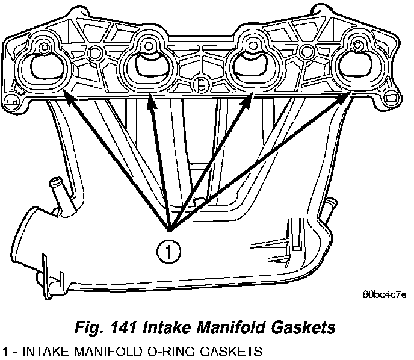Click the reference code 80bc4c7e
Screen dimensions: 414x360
coord(386,296)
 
